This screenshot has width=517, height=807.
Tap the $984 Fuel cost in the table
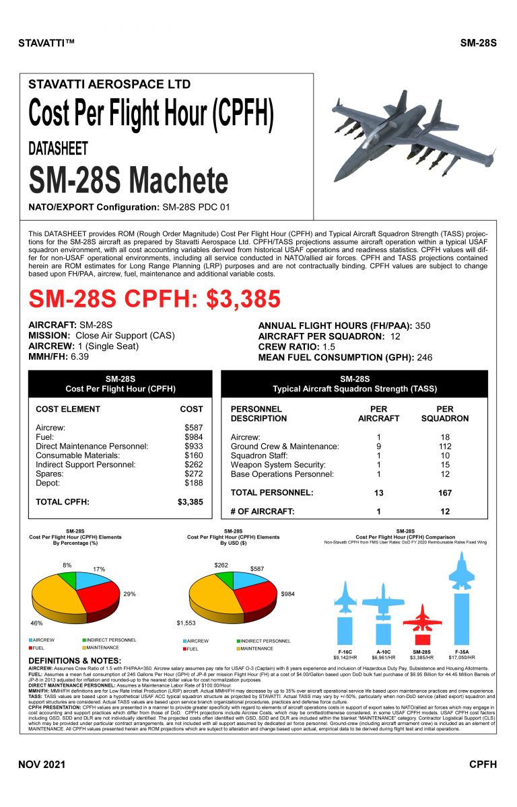pos(193,436)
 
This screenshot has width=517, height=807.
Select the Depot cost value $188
pos(193,482)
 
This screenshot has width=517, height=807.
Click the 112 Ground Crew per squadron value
pos(445,446)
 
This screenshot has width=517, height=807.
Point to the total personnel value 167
pos(445,493)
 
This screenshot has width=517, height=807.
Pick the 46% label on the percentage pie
pos(37,623)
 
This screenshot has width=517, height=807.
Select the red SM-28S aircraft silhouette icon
pos(421,617)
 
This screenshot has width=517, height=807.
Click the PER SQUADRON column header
pos(445,413)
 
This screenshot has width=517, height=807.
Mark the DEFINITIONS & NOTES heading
pos(75,660)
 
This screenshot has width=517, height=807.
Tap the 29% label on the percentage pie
pos(130,594)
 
